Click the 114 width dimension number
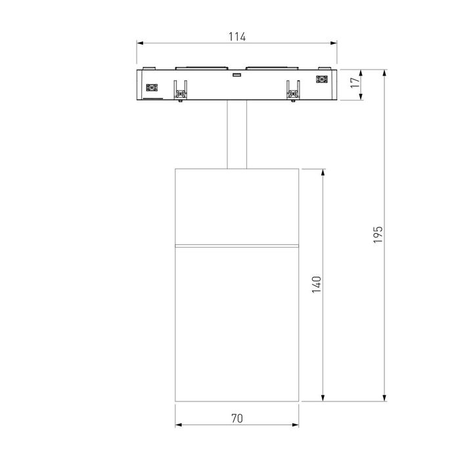[237, 37]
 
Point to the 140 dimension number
[317, 284]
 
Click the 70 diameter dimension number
[237, 418]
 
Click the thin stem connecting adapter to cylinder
[237, 135]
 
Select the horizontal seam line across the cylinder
[237, 244]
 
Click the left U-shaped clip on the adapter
[180, 91]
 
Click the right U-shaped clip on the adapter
[293, 91]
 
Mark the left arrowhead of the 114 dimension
[140, 44]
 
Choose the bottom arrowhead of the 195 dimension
[385, 398]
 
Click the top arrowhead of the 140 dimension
[323, 172]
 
